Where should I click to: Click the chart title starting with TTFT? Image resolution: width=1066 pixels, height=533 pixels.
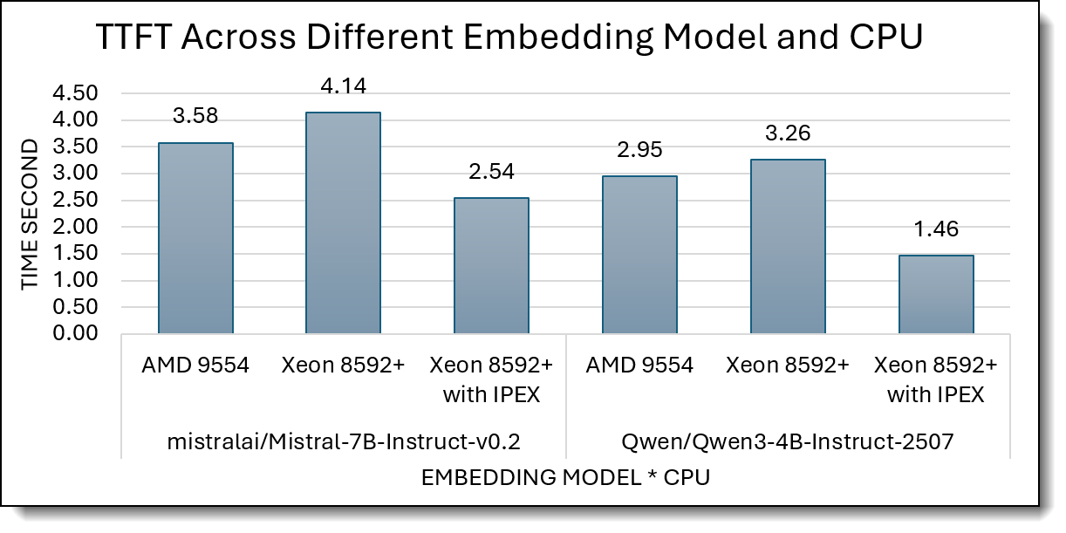coord(508,40)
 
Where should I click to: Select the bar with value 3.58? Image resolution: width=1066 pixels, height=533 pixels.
coord(195,238)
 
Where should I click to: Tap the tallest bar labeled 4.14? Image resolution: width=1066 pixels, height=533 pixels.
coord(343,222)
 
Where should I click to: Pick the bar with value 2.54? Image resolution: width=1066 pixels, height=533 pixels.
coord(491,265)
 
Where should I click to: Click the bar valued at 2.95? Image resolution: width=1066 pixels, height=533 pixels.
coord(639,255)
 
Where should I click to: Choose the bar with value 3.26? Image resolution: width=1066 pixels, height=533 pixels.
coord(788,246)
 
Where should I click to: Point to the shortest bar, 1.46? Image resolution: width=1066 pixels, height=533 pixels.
coord(936,294)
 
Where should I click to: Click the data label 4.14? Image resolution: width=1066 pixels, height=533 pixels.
coord(343,86)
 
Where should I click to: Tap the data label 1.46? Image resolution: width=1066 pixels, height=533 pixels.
coord(936,230)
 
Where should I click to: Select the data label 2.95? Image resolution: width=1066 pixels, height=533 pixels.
coord(639,150)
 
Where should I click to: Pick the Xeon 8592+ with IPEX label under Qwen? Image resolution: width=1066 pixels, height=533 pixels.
coord(936,380)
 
